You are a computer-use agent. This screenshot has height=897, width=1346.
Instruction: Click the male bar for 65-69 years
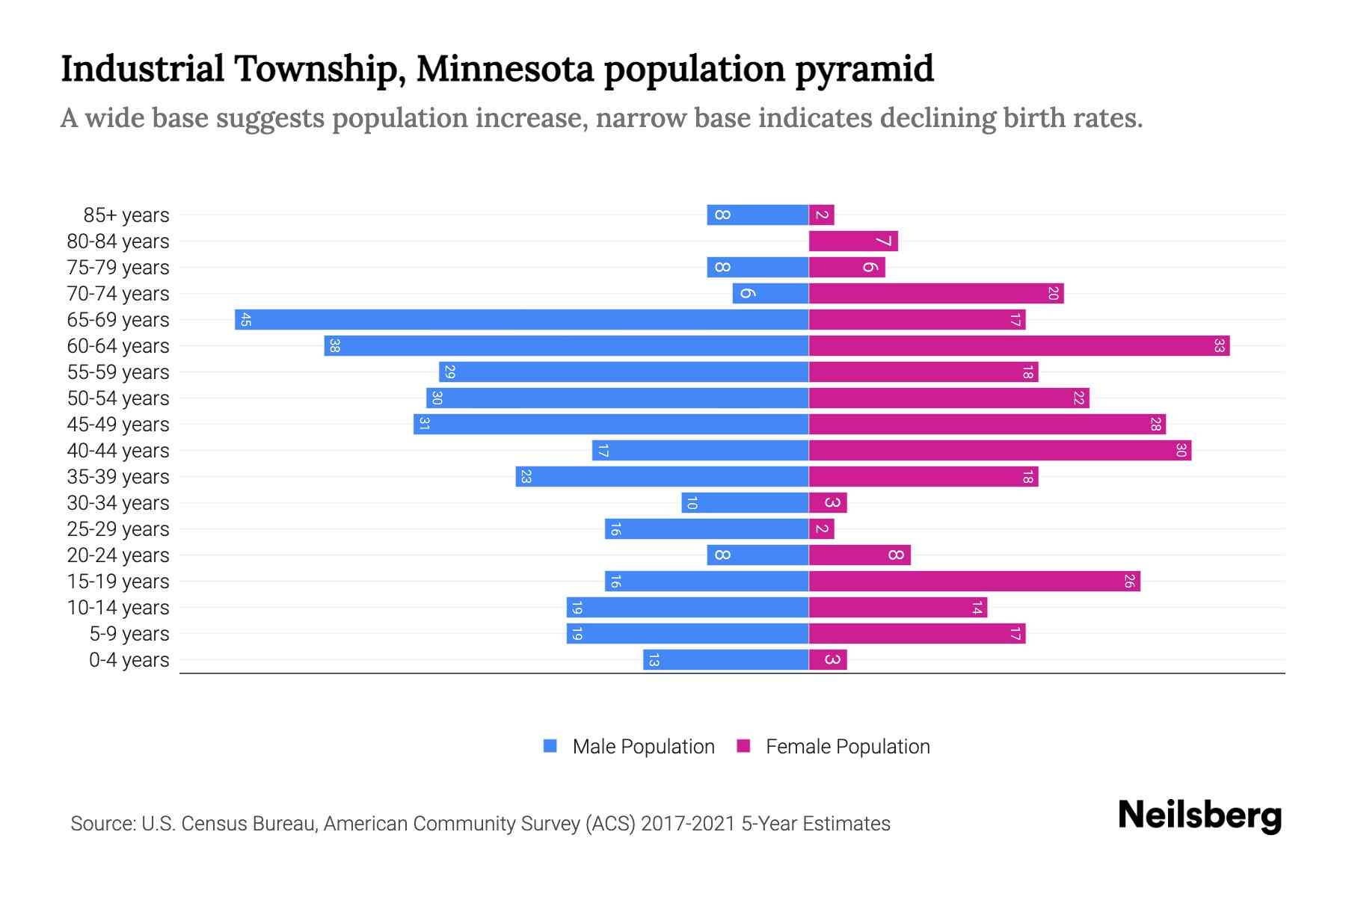coord(521,320)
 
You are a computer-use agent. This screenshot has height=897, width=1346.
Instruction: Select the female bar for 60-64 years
coord(1018,346)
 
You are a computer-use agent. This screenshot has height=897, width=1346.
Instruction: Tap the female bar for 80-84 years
coord(852,241)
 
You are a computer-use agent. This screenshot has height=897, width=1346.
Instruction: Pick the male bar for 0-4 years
coord(725,660)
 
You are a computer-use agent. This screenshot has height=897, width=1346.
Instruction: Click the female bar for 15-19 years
coord(974,582)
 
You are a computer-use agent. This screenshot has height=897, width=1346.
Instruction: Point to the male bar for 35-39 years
coord(662,477)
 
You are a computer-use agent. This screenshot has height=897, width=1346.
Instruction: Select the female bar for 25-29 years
coord(821,529)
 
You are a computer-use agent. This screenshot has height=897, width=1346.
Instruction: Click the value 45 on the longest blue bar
coord(246,320)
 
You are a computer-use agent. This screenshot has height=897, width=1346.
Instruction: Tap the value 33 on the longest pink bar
coord(1219,346)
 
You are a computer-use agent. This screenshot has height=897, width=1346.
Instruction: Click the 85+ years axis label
coord(126,215)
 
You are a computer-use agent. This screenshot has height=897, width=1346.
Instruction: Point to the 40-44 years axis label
coord(118,451)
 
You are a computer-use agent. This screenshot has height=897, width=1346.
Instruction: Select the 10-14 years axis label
coord(118,608)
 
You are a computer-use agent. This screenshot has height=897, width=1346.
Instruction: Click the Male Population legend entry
coord(643,747)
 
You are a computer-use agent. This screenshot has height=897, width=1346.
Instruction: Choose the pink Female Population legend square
coord(743,746)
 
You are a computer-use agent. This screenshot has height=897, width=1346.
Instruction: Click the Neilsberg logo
coord(1199,816)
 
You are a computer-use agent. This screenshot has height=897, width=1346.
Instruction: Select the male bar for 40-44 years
coord(700,451)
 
